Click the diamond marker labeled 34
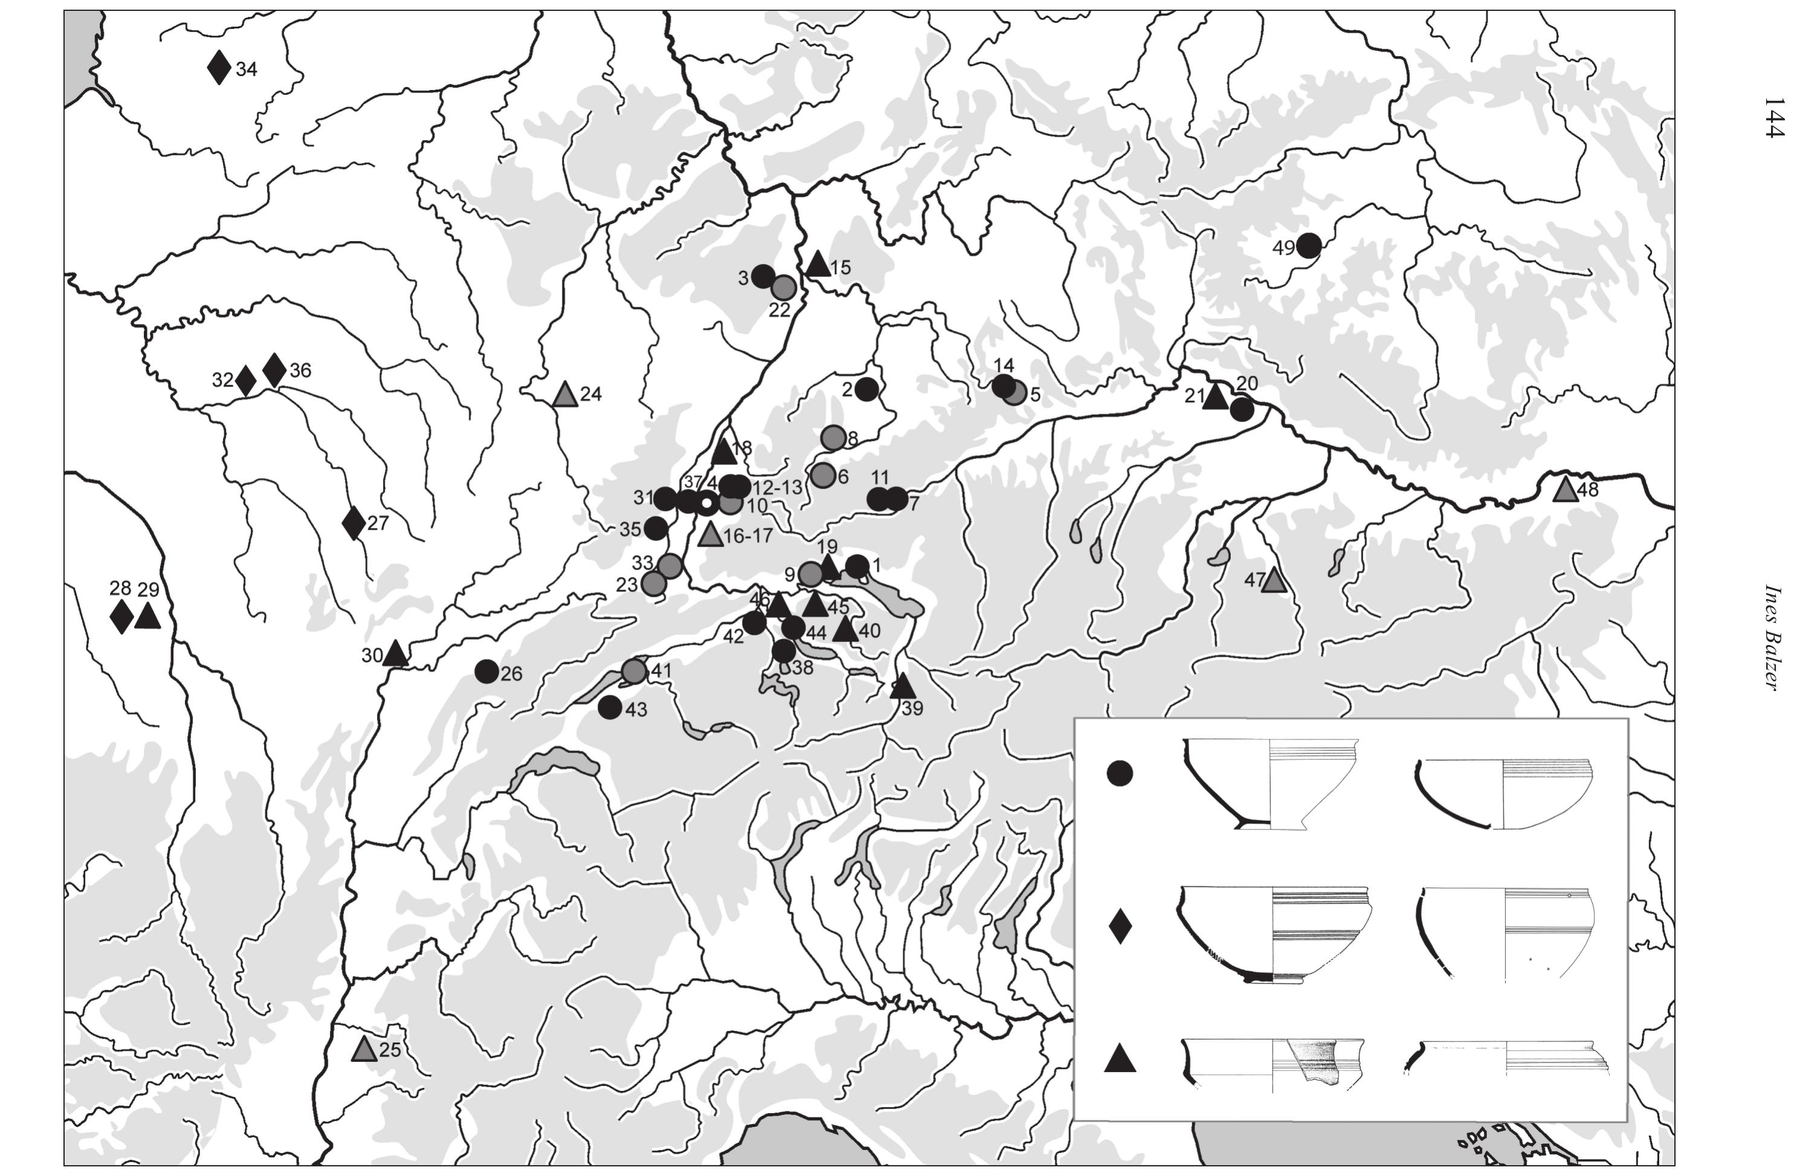point(219,68)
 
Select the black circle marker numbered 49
point(1309,245)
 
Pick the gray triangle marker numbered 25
point(365,1049)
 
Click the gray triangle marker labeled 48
point(1566,490)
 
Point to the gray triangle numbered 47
point(1274,580)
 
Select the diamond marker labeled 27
point(353,523)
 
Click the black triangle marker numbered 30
point(395,654)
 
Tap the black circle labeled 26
point(487,671)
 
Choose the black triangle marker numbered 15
point(818,264)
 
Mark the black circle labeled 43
point(610,707)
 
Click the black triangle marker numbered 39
point(902,686)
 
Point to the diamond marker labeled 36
point(275,370)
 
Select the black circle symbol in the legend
point(1120,774)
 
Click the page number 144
point(1773,117)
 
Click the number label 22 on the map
point(779,310)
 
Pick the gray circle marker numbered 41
point(635,670)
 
